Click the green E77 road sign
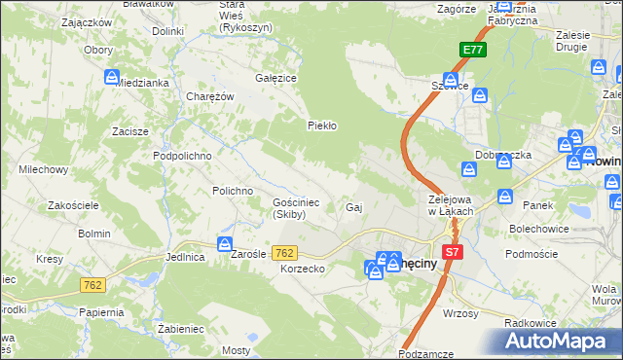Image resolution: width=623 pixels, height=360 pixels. pos(472,51)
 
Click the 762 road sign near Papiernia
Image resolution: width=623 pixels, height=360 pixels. pos(92,285)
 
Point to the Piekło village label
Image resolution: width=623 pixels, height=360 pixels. pos(321,125)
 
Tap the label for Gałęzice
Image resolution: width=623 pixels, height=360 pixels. pos(275,77)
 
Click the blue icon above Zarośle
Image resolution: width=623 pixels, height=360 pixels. pos(225,244)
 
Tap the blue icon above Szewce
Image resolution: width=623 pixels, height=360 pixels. pos(451,79)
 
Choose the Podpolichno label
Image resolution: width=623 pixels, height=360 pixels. pos(182,155)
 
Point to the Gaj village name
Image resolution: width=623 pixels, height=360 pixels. pos(354,207)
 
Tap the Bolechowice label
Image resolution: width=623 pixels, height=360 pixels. pos(531,229)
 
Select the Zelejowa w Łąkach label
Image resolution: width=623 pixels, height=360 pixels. pos(451,205)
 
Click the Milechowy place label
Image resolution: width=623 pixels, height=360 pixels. pos(43,169)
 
